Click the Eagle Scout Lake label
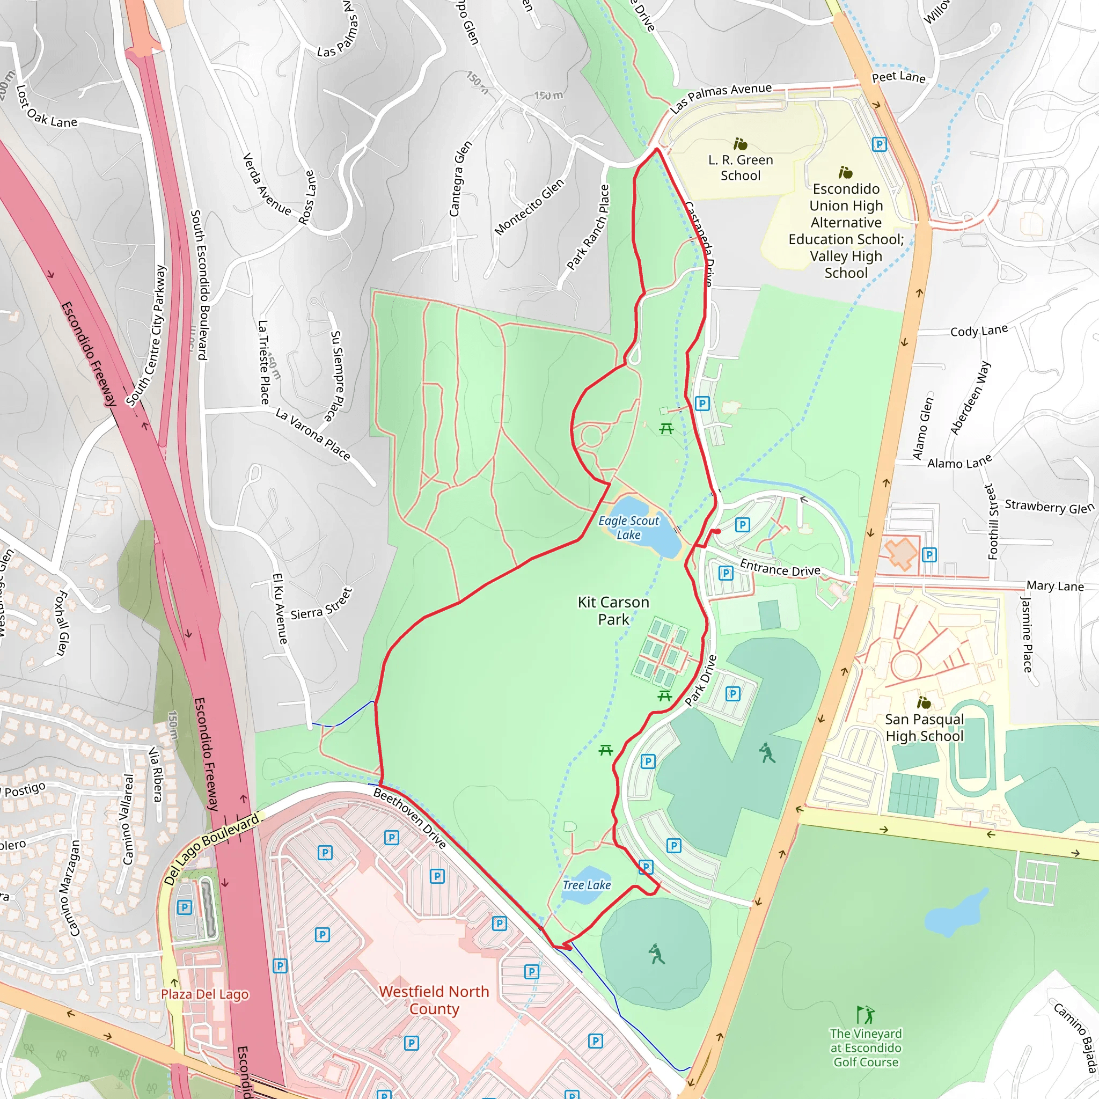pos(628,528)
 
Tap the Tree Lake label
pos(587,885)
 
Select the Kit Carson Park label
pos(613,610)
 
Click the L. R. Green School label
pos(741,168)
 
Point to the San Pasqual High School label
pos(925,728)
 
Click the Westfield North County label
pos(434,1000)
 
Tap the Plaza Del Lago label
pos(205,994)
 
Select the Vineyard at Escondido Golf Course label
pos(866,1048)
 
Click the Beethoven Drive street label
pos(409,819)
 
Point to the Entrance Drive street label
pos(780,568)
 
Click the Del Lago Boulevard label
pos(211,849)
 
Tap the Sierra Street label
pos(322,605)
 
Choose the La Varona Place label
pos(313,434)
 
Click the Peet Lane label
pos(899,77)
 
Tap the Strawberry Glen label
pos(1050,506)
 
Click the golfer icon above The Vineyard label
pos(866,1015)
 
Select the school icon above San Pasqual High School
pos(924,702)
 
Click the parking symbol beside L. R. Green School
pos(880,144)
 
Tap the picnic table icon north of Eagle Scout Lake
pos(666,429)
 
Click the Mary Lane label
pos(1055,586)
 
